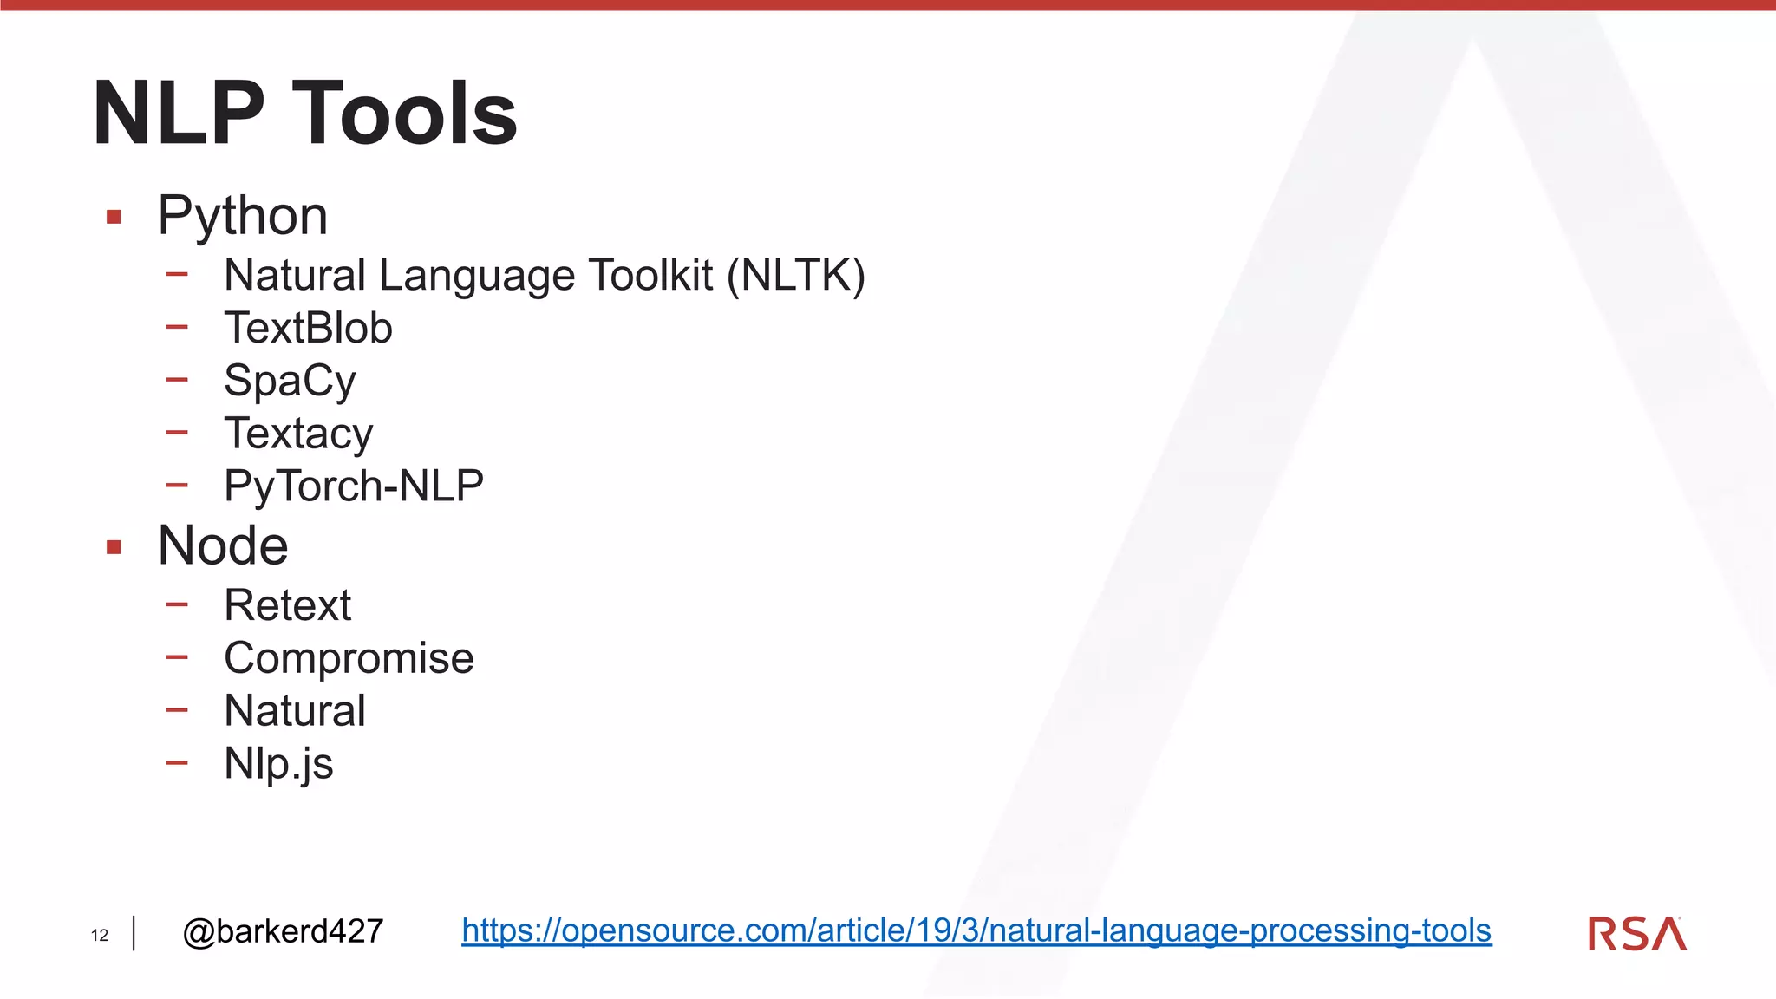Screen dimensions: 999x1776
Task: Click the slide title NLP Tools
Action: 304,113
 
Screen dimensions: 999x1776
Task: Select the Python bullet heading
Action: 243,215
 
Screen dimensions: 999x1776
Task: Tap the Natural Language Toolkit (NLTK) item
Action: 544,276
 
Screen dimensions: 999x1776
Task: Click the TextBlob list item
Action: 308,328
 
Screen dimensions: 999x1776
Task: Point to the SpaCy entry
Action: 290,381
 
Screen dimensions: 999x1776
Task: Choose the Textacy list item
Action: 298,433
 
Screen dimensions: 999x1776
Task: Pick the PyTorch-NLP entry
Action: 353,485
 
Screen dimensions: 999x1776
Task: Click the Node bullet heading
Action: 223,545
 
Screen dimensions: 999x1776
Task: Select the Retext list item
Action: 287,605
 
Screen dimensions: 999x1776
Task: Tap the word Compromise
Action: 349,658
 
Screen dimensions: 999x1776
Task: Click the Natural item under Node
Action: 295,710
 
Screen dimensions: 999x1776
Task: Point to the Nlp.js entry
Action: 278,764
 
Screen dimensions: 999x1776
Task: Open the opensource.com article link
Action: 976,930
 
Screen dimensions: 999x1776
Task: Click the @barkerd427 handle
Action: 283,931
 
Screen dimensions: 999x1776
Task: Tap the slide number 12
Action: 100,935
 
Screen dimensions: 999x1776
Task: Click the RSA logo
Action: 1637,934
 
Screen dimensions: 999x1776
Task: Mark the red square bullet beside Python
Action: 114,217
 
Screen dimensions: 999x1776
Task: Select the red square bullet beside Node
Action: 114,547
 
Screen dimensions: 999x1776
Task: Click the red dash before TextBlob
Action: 177,327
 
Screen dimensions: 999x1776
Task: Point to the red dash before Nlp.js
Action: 177,763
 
